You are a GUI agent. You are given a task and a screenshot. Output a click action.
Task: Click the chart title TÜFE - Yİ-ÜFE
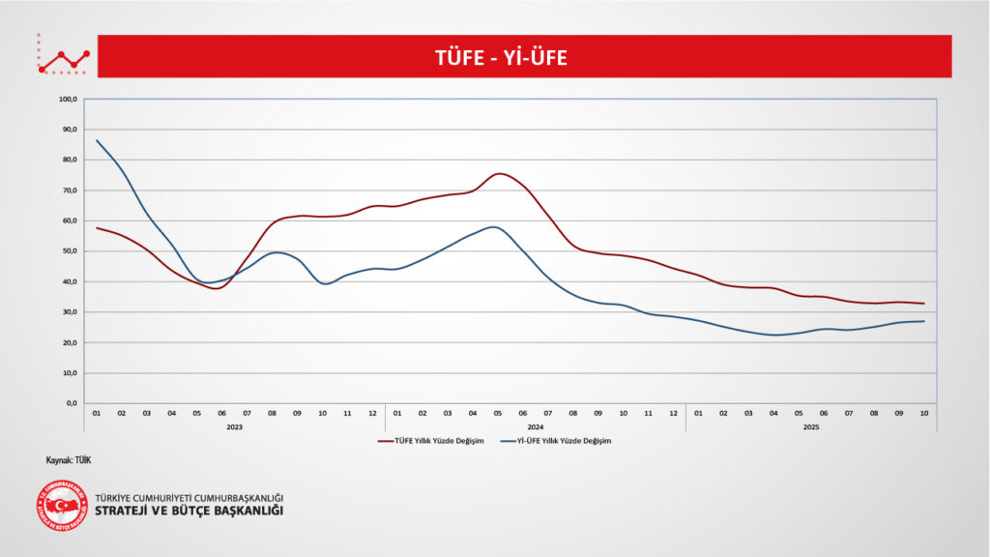pos(500,58)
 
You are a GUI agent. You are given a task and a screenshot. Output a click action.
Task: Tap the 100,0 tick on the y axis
pos(68,99)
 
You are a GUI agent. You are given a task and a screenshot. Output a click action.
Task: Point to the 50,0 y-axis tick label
pos(68,251)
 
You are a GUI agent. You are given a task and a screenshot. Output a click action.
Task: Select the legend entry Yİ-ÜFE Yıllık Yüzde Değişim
pos(557,441)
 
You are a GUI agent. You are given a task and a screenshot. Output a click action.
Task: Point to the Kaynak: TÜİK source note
pos(68,460)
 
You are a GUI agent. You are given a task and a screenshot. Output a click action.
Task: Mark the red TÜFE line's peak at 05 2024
pos(498,174)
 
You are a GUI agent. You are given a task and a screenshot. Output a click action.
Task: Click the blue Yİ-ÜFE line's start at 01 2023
pos(97,140)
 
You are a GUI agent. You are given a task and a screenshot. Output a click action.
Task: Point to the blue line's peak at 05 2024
pos(495,226)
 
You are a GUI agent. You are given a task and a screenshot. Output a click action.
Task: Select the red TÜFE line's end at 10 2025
pos(924,304)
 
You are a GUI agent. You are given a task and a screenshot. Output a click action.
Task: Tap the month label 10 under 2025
pos(924,414)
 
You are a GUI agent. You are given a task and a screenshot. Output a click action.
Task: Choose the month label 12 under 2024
pos(674,414)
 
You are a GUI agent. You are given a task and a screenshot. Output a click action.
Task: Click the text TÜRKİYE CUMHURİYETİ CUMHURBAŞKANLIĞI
pos(189,497)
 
